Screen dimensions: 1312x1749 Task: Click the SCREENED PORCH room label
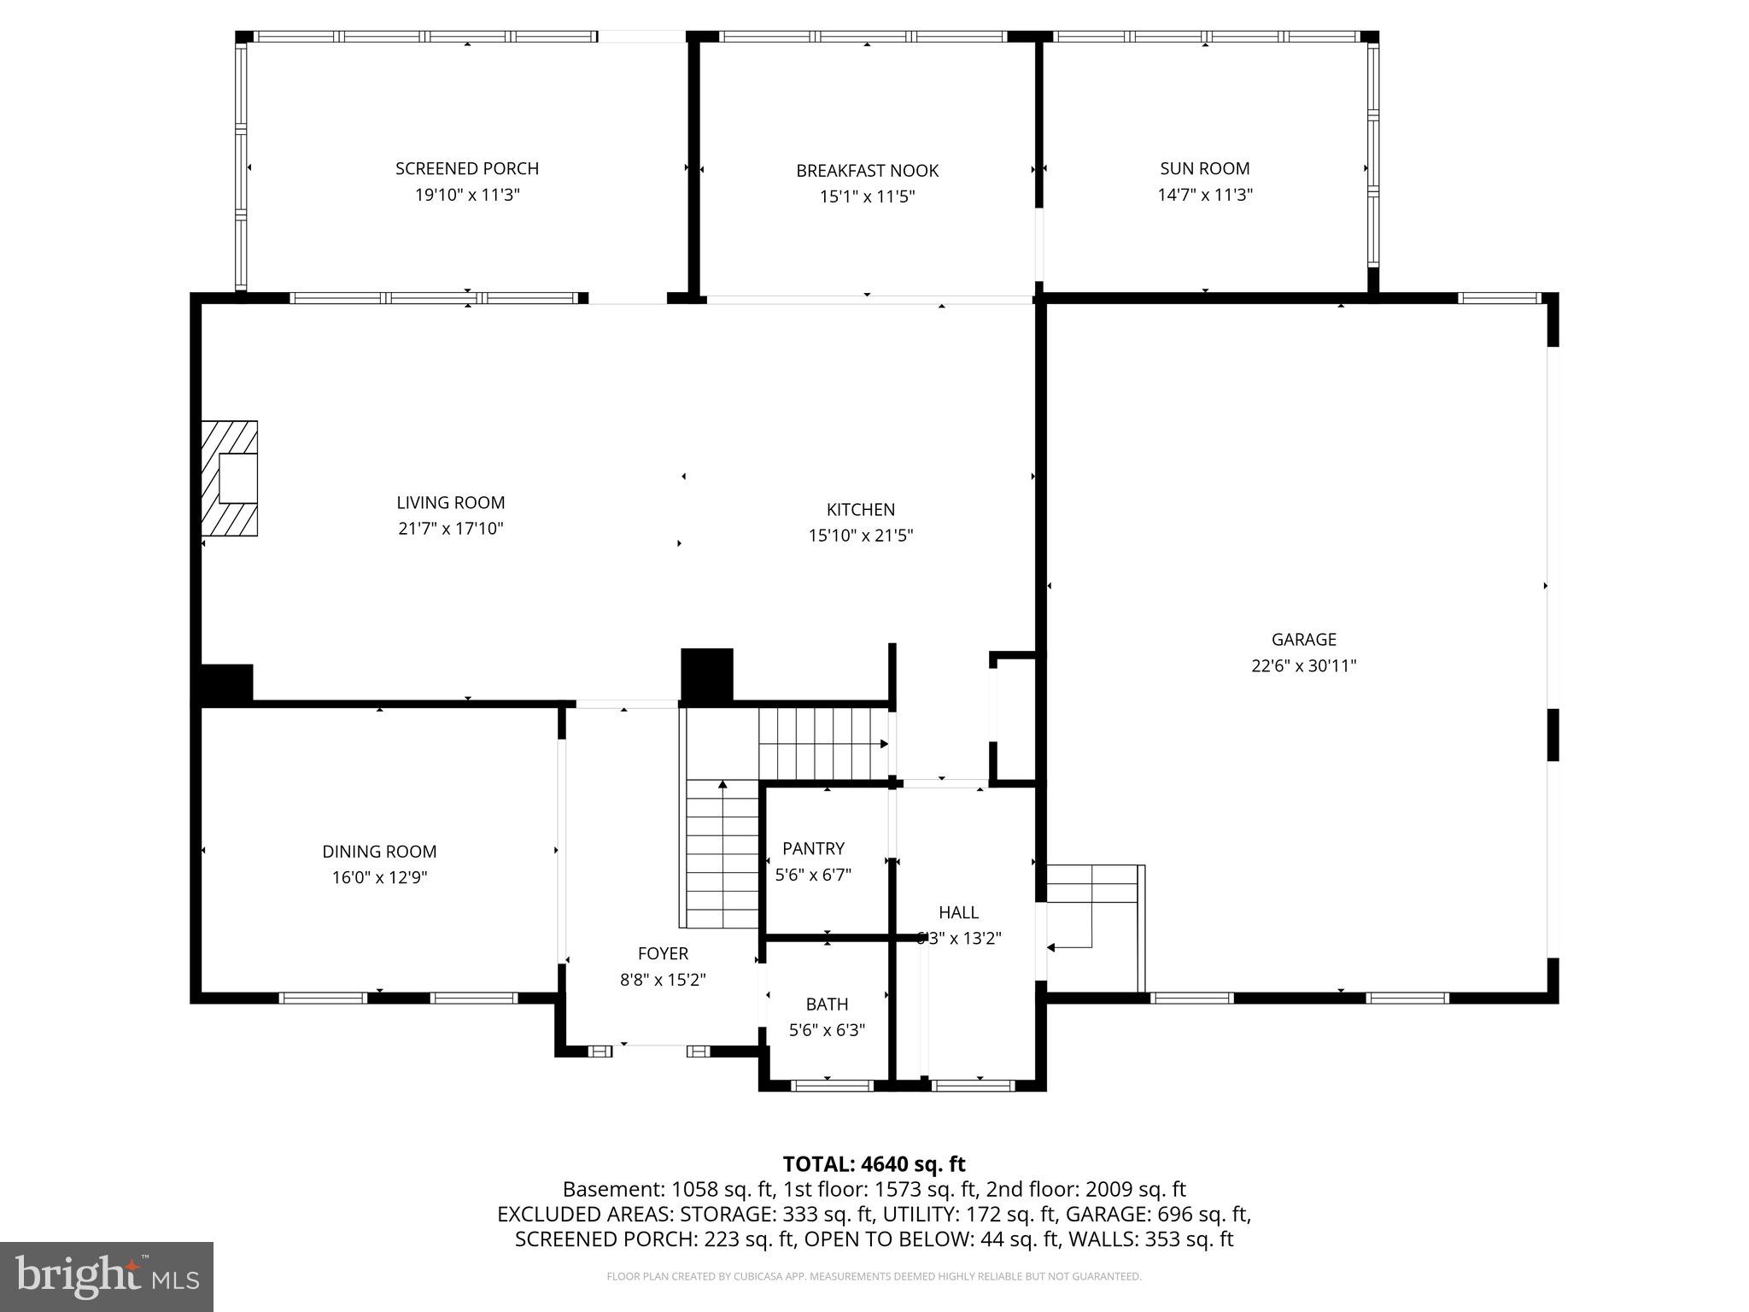tap(467, 168)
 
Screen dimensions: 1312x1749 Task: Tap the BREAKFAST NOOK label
tap(867, 171)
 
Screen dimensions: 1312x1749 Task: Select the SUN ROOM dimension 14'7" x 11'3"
tap(1204, 195)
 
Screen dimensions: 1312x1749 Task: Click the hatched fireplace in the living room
tap(229, 478)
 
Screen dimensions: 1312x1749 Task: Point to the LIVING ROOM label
tap(450, 502)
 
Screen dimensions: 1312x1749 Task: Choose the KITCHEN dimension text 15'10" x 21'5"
tap(861, 536)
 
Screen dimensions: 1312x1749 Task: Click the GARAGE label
tap(1303, 639)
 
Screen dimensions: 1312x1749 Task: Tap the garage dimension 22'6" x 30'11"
tap(1303, 665)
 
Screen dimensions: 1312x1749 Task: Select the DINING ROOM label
tap(379, 852)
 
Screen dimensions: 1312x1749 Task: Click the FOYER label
tap(663, 953)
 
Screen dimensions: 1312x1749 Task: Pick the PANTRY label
tap(813, 848)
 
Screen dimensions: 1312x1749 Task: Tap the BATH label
tap(827, 1004)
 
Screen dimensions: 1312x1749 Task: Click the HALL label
tap(958, 912)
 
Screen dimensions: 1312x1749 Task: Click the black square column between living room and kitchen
tap(706, 676)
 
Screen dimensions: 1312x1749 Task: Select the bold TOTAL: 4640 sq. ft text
tap(874, 1164)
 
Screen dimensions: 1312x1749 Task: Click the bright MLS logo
tap(106, 1276)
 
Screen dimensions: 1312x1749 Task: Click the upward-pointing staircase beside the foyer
tap(722, 854)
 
